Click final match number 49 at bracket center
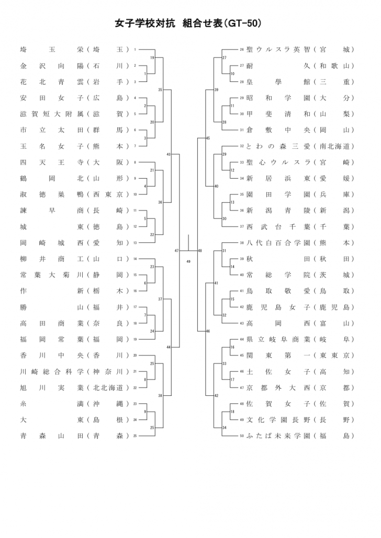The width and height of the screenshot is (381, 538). click(188, 261)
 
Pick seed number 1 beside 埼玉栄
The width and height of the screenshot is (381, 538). click(135, 50)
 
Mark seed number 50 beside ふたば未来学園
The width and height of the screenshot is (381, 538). click(242, 436)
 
